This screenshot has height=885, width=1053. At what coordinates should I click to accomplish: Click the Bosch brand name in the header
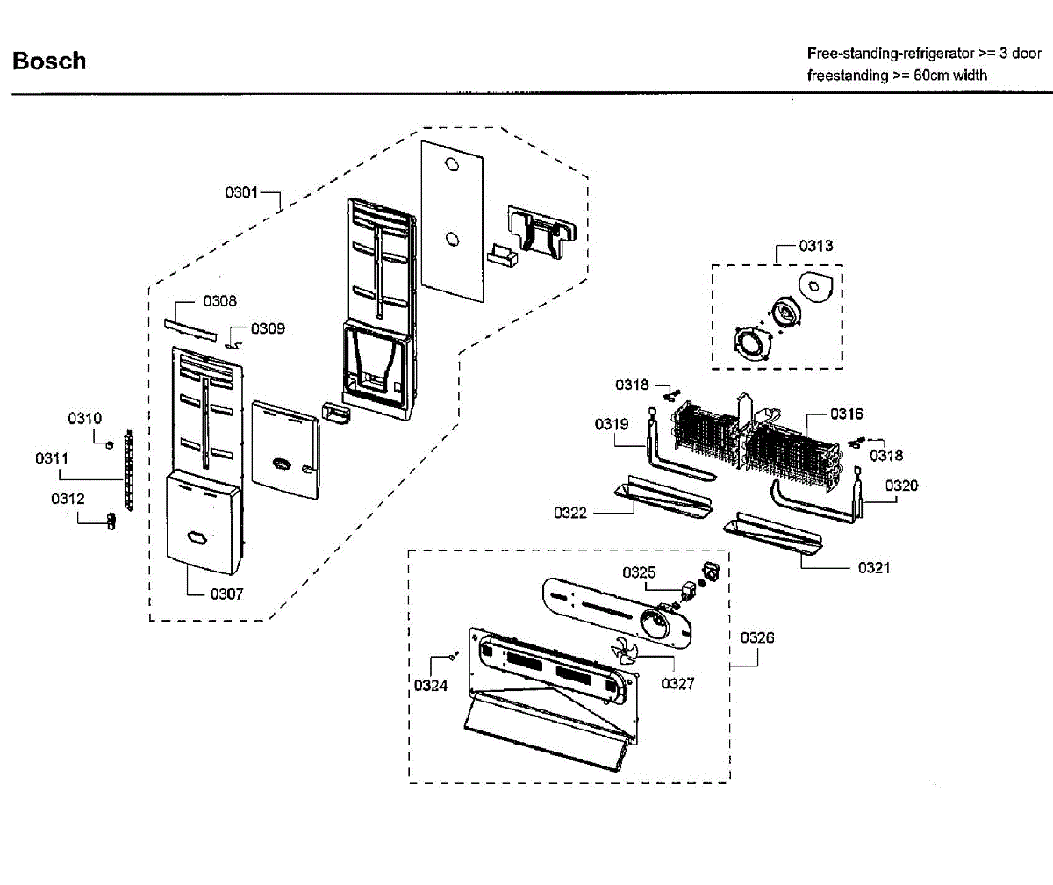[49, 61]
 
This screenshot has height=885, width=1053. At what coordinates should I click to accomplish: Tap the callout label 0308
[219, 301]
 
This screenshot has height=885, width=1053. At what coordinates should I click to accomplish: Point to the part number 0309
[268, 328]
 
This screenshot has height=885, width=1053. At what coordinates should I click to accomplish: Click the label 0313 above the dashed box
[816, 246]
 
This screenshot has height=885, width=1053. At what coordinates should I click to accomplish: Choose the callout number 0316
[847, 414]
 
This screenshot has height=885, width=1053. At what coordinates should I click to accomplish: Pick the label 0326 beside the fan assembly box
[756, 638]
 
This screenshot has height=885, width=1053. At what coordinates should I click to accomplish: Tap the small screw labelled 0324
[453, 655]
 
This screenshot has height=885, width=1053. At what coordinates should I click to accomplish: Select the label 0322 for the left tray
[570, 513]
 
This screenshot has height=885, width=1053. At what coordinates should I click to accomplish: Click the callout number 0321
[873, 568]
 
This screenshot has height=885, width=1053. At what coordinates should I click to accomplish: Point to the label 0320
[901, 485]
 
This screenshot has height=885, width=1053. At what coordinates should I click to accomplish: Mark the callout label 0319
[612, 424]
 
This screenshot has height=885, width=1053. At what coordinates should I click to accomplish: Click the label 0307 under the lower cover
[226, 594]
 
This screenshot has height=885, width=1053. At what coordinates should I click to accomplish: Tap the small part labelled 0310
[109, 443]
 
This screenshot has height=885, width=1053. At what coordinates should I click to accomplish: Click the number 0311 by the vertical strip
[52, 458]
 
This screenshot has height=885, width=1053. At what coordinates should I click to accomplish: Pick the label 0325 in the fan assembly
[640, 572]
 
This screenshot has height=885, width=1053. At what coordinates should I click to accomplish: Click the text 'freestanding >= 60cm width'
[897, 76]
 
